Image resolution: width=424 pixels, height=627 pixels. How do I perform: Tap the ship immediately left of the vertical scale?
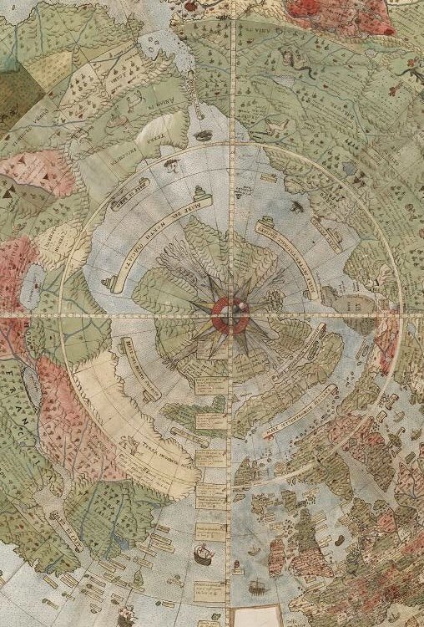[x=202, y=553]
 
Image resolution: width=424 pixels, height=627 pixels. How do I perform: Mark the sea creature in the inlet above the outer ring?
[x=202, y=135]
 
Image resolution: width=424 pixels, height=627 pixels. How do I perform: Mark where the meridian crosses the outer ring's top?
[x=229, y=143]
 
